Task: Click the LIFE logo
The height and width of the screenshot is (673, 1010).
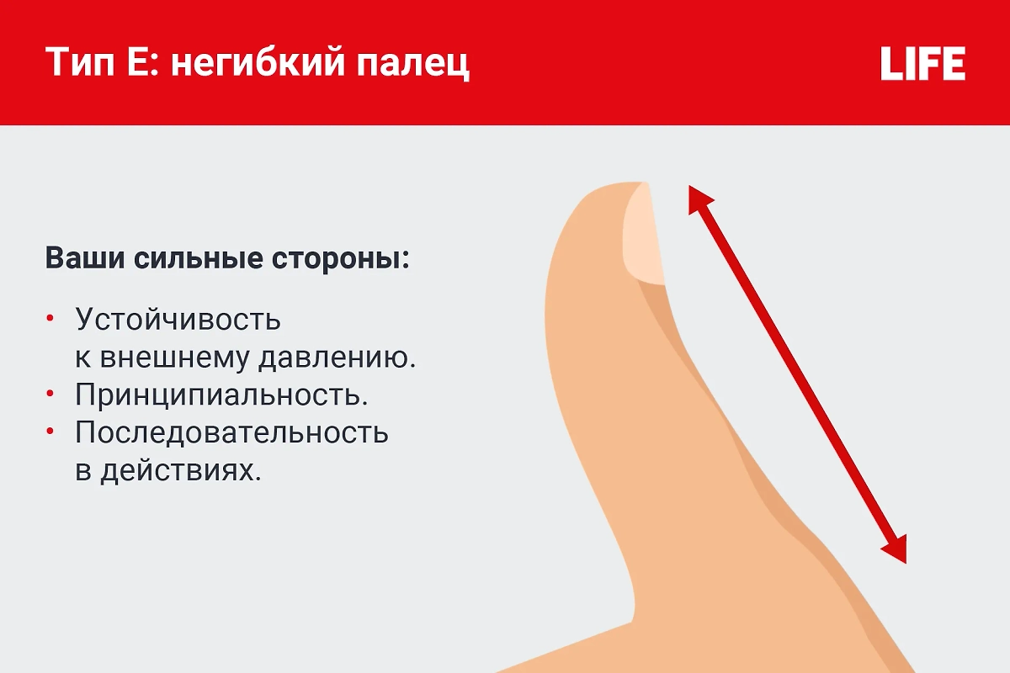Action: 922,64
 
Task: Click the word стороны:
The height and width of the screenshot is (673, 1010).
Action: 342,257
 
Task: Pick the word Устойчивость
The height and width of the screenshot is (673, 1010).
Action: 178,320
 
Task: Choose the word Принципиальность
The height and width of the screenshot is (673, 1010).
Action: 222,395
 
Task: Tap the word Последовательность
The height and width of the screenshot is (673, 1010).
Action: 231,432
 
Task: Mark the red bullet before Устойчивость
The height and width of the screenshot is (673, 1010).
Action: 50,318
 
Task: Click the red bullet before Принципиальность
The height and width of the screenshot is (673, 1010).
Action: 50,393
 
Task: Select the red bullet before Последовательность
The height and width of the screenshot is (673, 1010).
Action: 50,431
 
